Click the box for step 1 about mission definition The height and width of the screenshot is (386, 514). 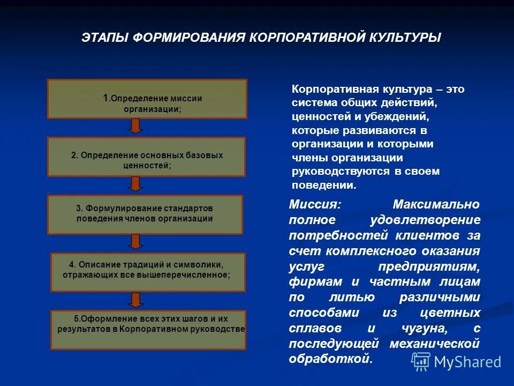147,99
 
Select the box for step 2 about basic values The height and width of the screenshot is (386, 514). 147,157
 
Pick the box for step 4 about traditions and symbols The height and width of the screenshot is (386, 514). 147,272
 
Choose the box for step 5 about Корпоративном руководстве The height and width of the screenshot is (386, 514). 147,329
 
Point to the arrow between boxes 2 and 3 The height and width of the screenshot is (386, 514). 136,184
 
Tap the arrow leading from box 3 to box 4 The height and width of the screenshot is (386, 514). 136,242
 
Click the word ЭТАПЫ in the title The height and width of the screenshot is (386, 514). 104,38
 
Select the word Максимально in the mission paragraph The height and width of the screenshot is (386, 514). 436,204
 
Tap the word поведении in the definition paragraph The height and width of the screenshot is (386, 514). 324,185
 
